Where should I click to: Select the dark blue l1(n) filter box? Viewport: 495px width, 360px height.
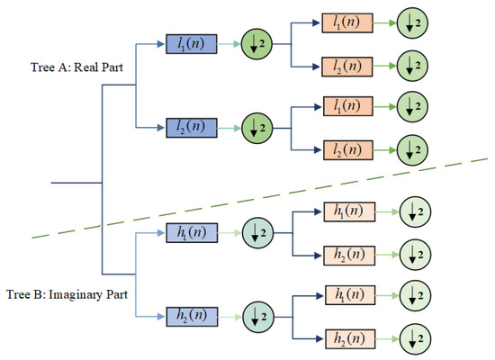[x=190, y=43]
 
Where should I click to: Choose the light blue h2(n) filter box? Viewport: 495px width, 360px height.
[x=190, y=317]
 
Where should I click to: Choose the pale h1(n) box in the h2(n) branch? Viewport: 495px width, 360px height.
[x=347, y=295]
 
